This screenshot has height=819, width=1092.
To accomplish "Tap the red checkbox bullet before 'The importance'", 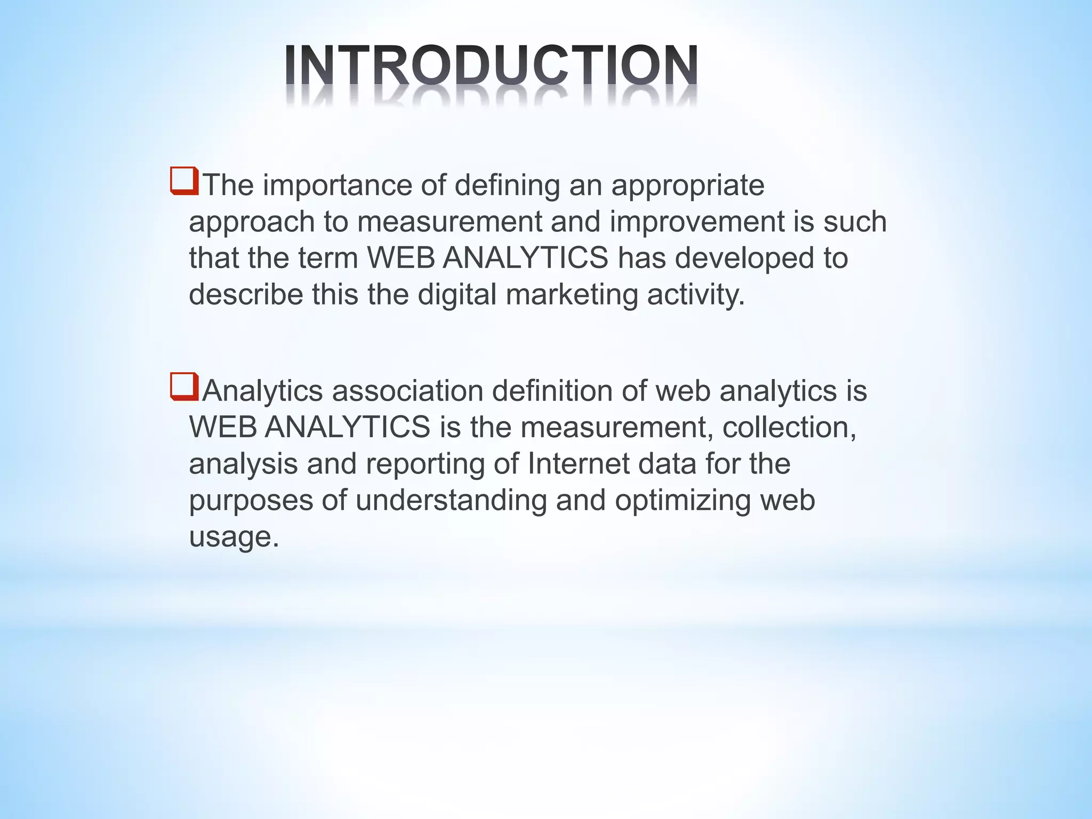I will tap(184, 181).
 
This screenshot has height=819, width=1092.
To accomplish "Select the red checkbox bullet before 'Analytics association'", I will tap(184, 387).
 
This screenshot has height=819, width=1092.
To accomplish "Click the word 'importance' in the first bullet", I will tap(337, 186).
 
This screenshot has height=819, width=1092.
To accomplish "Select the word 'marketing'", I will tap(572, 295).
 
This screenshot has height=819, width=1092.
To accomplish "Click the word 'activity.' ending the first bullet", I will tap(696, 295).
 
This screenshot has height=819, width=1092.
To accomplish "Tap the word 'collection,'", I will tap(789, 427).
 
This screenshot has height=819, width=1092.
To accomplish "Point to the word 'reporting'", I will tap(424, 464).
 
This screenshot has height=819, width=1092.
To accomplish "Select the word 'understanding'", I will tap(451, 501).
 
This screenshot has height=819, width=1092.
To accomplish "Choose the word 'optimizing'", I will tap(682, 501).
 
